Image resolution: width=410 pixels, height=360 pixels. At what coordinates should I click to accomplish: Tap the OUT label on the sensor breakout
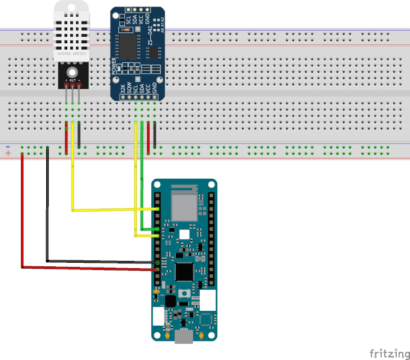click(x=73, y=80)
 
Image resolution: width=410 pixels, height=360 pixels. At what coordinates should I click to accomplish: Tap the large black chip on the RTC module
click(x=127, y=44)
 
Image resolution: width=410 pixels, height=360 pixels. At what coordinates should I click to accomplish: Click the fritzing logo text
click(x=386, y=352)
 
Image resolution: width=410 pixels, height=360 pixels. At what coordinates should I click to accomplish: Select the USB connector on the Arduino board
click(x=183, y=340)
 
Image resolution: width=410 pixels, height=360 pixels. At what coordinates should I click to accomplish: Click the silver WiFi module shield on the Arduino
click(x=184, y=204)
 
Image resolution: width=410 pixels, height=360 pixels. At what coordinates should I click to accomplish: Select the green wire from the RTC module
click(x=142, y=180)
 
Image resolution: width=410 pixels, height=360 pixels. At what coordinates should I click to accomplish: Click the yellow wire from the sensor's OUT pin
click(x=73, y=174)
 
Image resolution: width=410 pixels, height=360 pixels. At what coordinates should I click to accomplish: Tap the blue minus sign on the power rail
click(x=8, y=147)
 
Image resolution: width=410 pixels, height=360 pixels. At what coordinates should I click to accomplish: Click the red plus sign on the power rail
click(x=8, y=154)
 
